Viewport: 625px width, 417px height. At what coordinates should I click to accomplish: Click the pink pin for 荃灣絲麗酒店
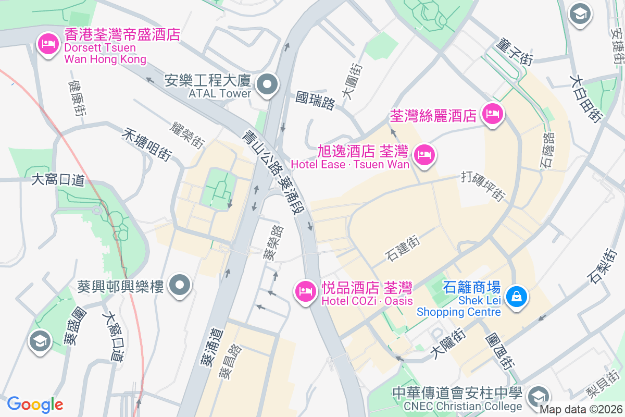tap(492, 114)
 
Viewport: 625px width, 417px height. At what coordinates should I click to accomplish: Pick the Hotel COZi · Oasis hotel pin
tap(305, 291)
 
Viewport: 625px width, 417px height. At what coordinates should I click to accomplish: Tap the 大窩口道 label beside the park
tap(58, 180)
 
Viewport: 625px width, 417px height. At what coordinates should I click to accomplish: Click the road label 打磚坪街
tap(483, 186)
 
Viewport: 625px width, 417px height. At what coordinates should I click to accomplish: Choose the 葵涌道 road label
tap(211, 346)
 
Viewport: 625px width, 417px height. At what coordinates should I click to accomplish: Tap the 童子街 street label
tap(515, 51)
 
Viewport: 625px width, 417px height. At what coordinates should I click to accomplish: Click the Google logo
tap(35, 404)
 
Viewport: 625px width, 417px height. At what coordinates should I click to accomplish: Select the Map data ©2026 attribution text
tap(581, 410)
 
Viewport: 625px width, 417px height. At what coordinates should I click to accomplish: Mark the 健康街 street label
tap(77, 98)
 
